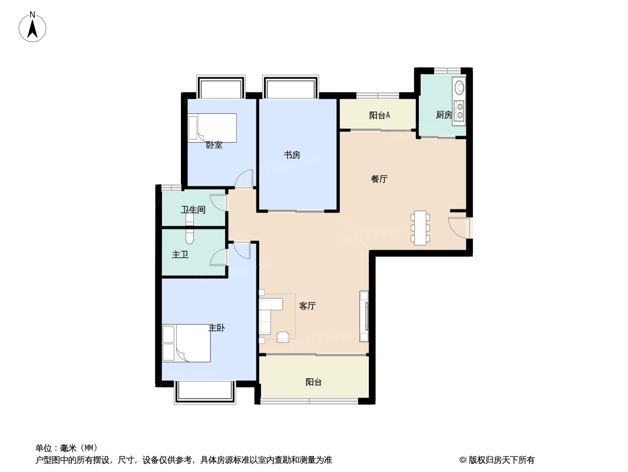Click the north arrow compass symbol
32,27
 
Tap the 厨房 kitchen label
444,115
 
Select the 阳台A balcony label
379,116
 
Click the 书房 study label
292,155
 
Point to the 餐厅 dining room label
379,179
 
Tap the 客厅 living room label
307,306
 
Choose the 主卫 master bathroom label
180,255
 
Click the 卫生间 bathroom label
193,209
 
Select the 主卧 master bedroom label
217,328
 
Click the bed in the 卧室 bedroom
212,128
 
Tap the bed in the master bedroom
186,343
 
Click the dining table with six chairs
420,227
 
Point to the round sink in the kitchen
460,87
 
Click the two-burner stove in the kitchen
460,111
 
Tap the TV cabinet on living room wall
363,316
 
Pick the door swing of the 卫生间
219,202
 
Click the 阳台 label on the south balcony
313,382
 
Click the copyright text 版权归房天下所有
501,460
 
